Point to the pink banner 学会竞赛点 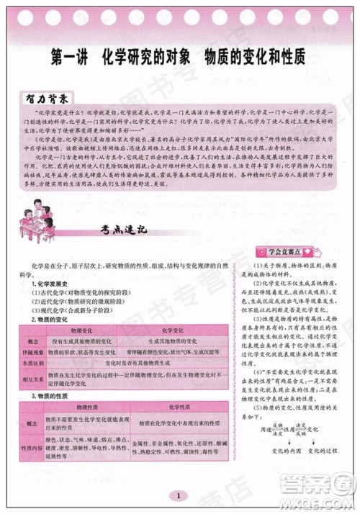tap(287, 252)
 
